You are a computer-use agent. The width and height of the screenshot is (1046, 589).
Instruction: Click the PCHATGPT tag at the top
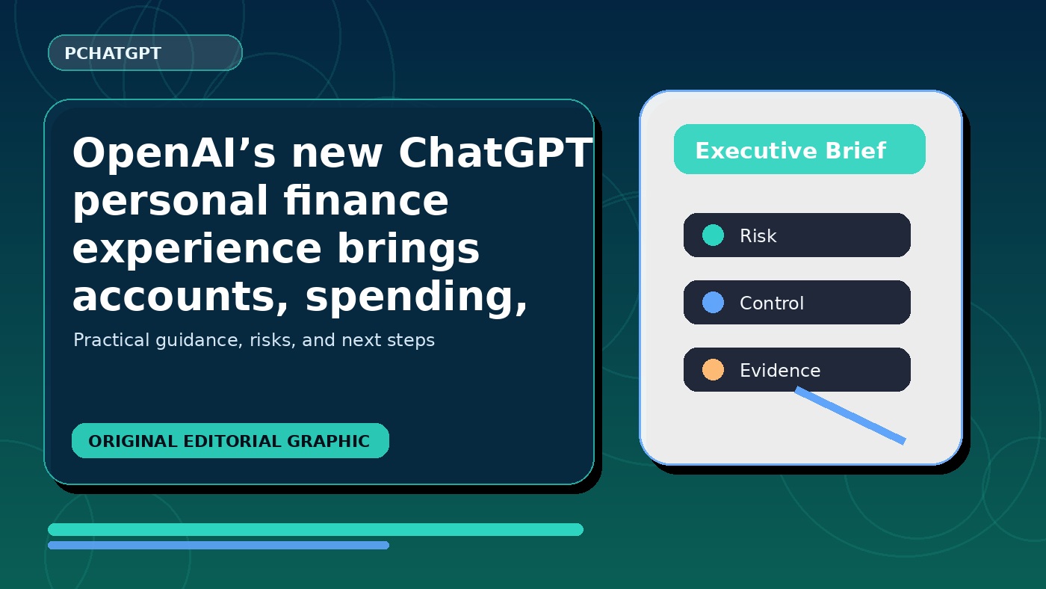click(x=145, y=53)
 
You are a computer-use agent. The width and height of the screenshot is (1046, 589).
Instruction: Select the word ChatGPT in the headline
click(x=495, y=152)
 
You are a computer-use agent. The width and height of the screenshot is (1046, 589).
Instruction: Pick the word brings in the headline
click(x=408, y=249)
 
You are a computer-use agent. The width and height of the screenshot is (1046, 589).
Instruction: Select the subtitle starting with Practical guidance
click(x=254, y=340)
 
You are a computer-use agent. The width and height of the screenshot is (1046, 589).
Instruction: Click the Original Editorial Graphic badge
click(x=230, y=440)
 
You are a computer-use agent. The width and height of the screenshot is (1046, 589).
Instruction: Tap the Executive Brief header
click(x=799, y=149)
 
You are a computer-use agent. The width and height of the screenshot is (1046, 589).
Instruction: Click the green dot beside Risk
click(x=713, y=235)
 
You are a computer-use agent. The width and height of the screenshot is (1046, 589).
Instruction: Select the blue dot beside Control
click(x=713, y=302)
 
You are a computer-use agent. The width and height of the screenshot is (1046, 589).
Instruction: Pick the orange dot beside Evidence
click(x=713, y=369)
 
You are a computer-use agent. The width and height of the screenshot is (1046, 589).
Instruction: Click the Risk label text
click(x=758, y=236)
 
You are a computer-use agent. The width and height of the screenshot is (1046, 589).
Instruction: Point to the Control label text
click(x=771, y=303)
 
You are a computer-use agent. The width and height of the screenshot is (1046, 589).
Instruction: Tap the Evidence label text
click(x=780, y=371)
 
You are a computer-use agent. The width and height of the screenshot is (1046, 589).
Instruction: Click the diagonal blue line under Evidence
click(x=850, y=416)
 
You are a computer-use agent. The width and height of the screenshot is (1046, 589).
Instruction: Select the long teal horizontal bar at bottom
click(x=315, y=529)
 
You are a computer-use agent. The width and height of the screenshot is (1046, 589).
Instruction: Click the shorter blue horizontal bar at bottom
click(x=218, y=545)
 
